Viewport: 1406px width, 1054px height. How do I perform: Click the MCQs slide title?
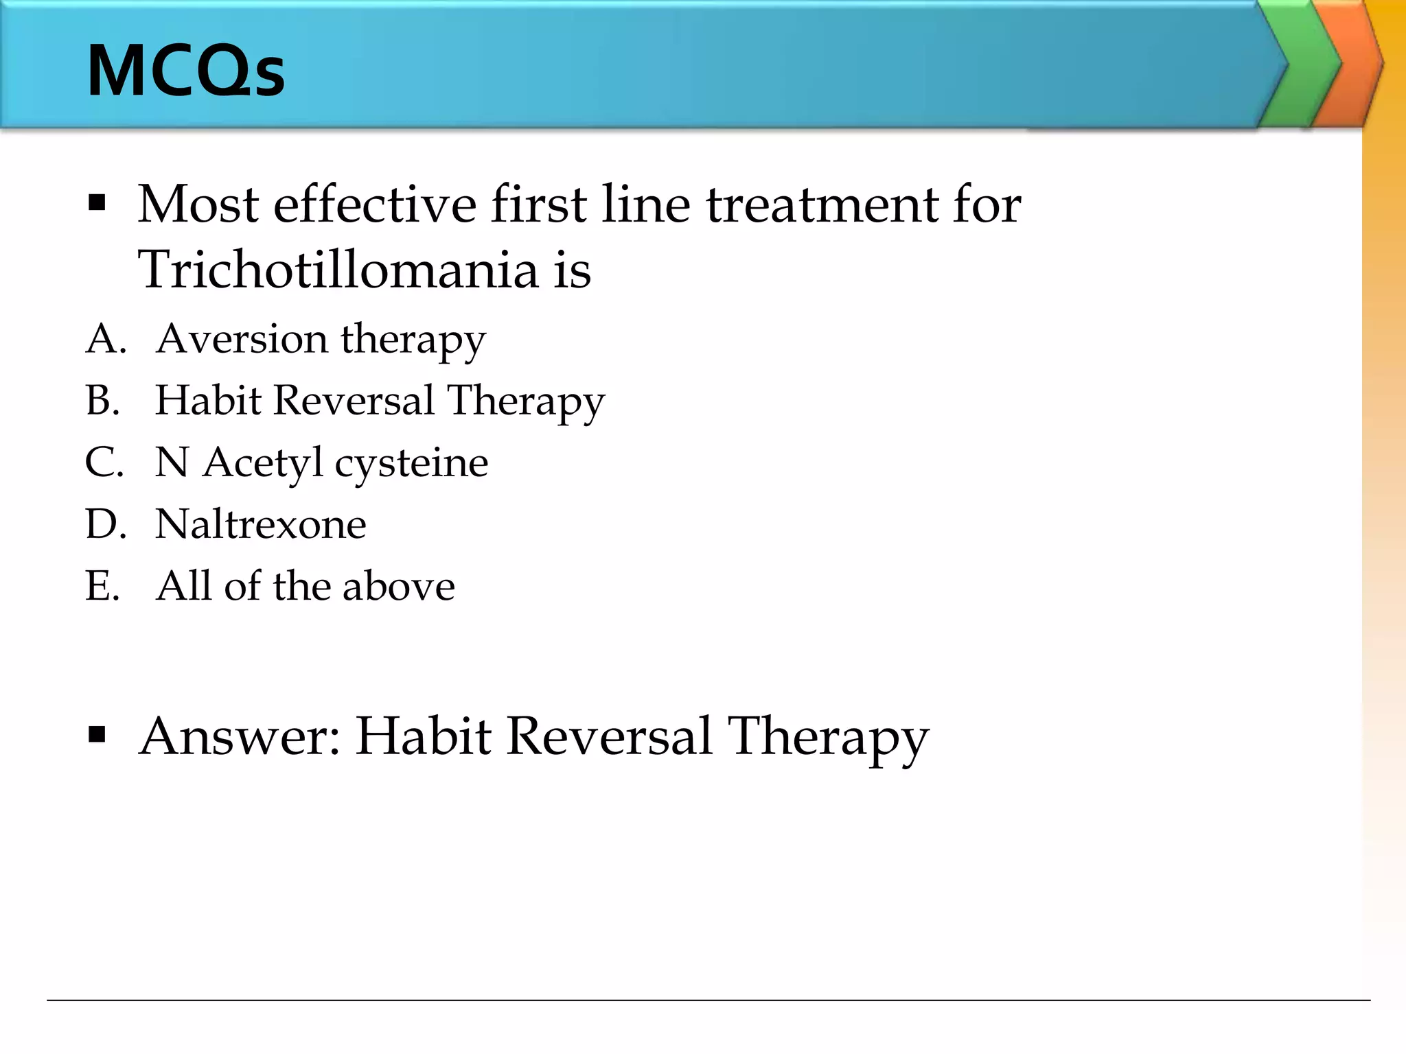tap(185, 71)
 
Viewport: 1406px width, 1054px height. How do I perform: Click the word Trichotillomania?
tap(338, 270)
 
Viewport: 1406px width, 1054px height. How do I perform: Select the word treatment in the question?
tap(820, 204)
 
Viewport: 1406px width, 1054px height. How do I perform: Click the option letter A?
tap(105, 339)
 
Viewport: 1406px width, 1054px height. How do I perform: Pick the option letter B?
tap(102, 401)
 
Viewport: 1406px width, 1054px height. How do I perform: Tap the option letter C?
tap(104, 462)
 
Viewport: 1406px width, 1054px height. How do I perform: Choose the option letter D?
tap(105, 524)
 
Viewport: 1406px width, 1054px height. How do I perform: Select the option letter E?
tap(102, 586)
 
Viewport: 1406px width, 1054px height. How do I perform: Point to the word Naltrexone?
tap(260, 524)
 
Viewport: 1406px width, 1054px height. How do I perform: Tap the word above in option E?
tap(398, 586)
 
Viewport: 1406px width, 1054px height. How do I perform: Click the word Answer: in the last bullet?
tap(240, 736)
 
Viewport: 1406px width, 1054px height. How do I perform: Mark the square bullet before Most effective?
tap(97, 203)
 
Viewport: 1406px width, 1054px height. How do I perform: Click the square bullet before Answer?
tap(97, 735)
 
